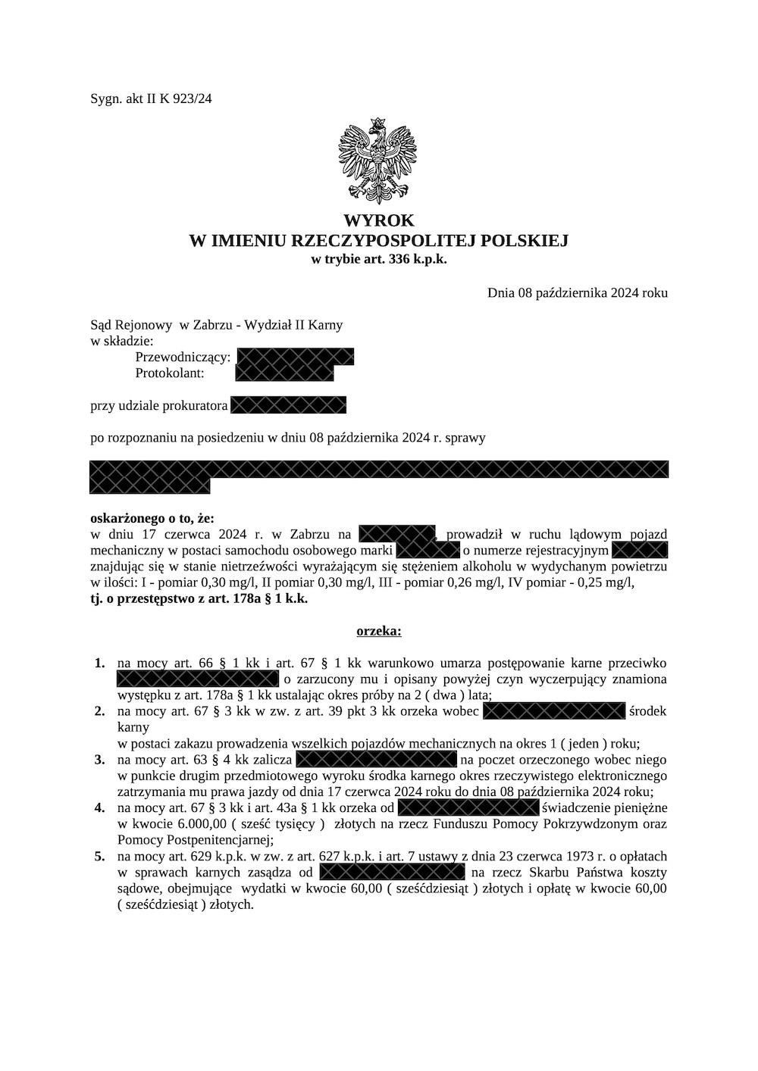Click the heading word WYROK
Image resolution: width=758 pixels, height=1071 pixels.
[378, 220]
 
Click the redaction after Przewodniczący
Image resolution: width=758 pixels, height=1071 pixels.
[295, 357]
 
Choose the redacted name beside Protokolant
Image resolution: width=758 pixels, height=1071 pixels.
[284, 373]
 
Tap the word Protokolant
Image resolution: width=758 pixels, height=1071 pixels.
[170, 373]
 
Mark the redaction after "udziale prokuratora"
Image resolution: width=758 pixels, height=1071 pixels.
[288, 405]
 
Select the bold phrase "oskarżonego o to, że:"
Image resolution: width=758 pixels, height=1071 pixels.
[152, 519]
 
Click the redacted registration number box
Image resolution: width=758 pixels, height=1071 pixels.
[639, 550]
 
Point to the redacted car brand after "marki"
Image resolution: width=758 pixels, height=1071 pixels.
[428, 550]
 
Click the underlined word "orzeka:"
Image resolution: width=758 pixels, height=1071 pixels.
[379, 630]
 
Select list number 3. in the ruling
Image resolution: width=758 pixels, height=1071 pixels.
[99, 760]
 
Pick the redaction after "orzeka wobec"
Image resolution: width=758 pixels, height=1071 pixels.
[553, 711]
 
